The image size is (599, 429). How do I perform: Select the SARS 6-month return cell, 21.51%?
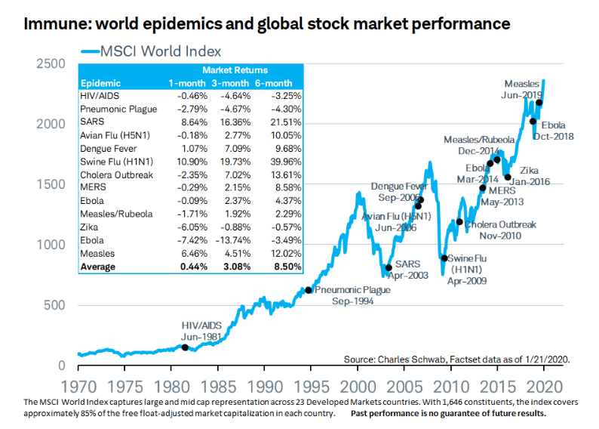pos(285,122)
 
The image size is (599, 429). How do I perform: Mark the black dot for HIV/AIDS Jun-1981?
pos(186,347)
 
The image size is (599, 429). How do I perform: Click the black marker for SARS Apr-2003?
pos(389,267)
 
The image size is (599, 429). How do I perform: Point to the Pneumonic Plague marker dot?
pos(308,290)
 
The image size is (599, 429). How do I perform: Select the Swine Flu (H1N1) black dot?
pos(444,258)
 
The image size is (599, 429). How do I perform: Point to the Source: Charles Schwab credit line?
pos(456,359)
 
